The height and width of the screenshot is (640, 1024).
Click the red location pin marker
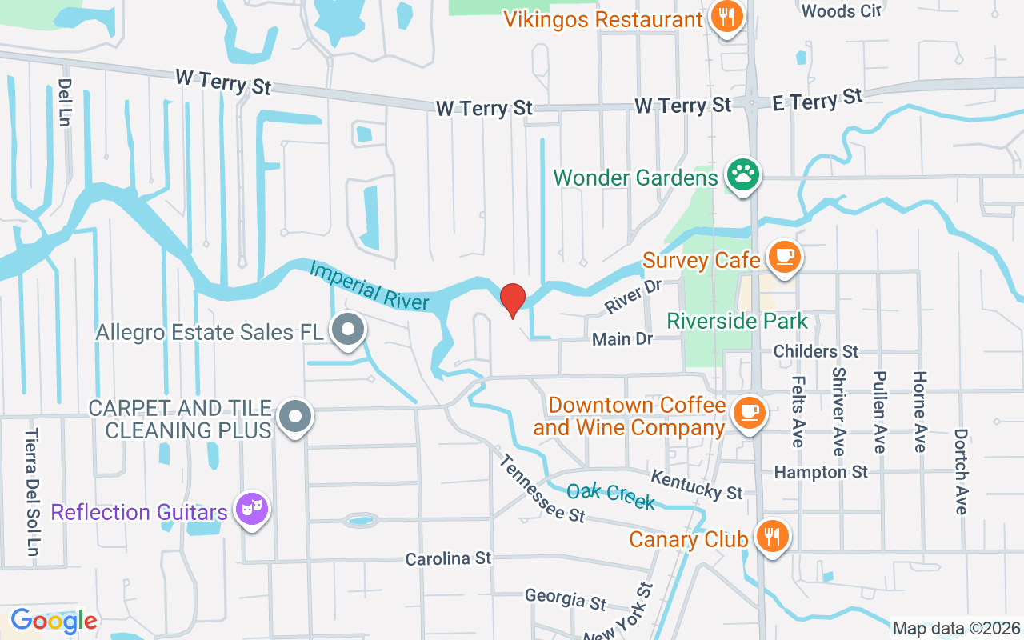(x=513, y=300)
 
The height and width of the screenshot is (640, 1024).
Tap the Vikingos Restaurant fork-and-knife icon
(x=726, y=17)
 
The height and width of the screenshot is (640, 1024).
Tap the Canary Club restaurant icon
(x=770, y=537)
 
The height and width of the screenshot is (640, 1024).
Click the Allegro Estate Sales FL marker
(x=348, y=330)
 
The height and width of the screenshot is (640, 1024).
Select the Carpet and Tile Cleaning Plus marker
(x=296, y=416)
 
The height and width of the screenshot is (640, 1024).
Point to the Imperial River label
(x=370, y=286)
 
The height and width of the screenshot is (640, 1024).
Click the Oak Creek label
(x=610, y=496)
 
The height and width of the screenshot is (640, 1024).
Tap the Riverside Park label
(x=737, y=322)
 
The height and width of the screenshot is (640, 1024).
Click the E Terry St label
(x=818, y=101)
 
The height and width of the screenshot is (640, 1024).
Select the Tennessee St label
(x=542, y=489)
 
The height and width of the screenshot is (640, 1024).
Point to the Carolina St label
(x=448, y=558)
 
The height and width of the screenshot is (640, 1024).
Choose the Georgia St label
(x=566, y=598)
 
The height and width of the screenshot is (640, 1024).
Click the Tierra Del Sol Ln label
(x=31, y=492)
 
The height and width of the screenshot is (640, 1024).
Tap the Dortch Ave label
(x=961, y=472)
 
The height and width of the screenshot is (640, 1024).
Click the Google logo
(x=54, y=620)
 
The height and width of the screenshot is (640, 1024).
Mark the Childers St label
(x=816, y=351)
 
